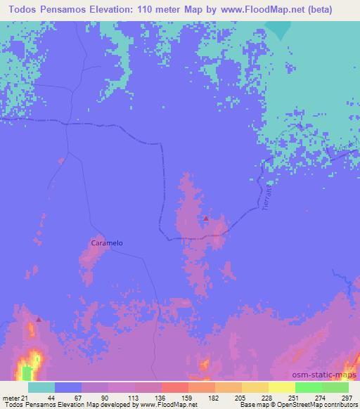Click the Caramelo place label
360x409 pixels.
[x=107, y=242]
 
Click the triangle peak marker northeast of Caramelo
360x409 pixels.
[x=205, y=219]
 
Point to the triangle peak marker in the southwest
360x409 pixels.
[x=38, y=319]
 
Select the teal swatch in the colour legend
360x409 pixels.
[x=41, y=388]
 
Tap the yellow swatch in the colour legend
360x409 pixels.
[x=281, y=388]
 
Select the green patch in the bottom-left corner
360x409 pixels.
[x=27, y=372]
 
